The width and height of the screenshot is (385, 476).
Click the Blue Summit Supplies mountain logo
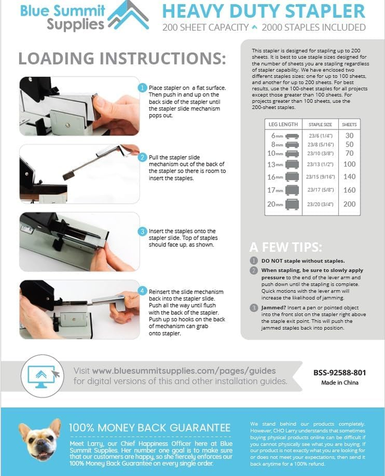coord(129,15)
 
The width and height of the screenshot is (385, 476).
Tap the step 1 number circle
coord(142,88)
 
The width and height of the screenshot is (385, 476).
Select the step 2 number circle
coord(142,158)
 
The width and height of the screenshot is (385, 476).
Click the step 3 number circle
coord(142,232)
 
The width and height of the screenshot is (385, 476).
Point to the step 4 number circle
coord(142,291)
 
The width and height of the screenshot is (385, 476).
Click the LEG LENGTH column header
coord(283,124)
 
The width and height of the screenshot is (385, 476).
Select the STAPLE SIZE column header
coord(320,124)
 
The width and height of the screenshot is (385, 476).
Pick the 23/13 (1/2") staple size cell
coord(320,165)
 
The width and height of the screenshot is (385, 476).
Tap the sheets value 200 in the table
coord(349,204)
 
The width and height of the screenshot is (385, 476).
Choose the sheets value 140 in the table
coord(349,177)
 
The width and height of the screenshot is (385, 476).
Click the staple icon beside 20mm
coord(292,204)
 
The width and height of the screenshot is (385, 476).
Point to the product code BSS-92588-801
coord(340,372)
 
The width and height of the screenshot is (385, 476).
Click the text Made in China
coord(340,382)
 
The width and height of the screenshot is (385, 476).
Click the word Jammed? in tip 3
coord(274,308)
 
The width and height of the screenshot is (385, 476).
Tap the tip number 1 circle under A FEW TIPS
coord(254,261)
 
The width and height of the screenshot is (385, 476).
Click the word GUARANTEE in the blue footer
coord(200,428)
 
